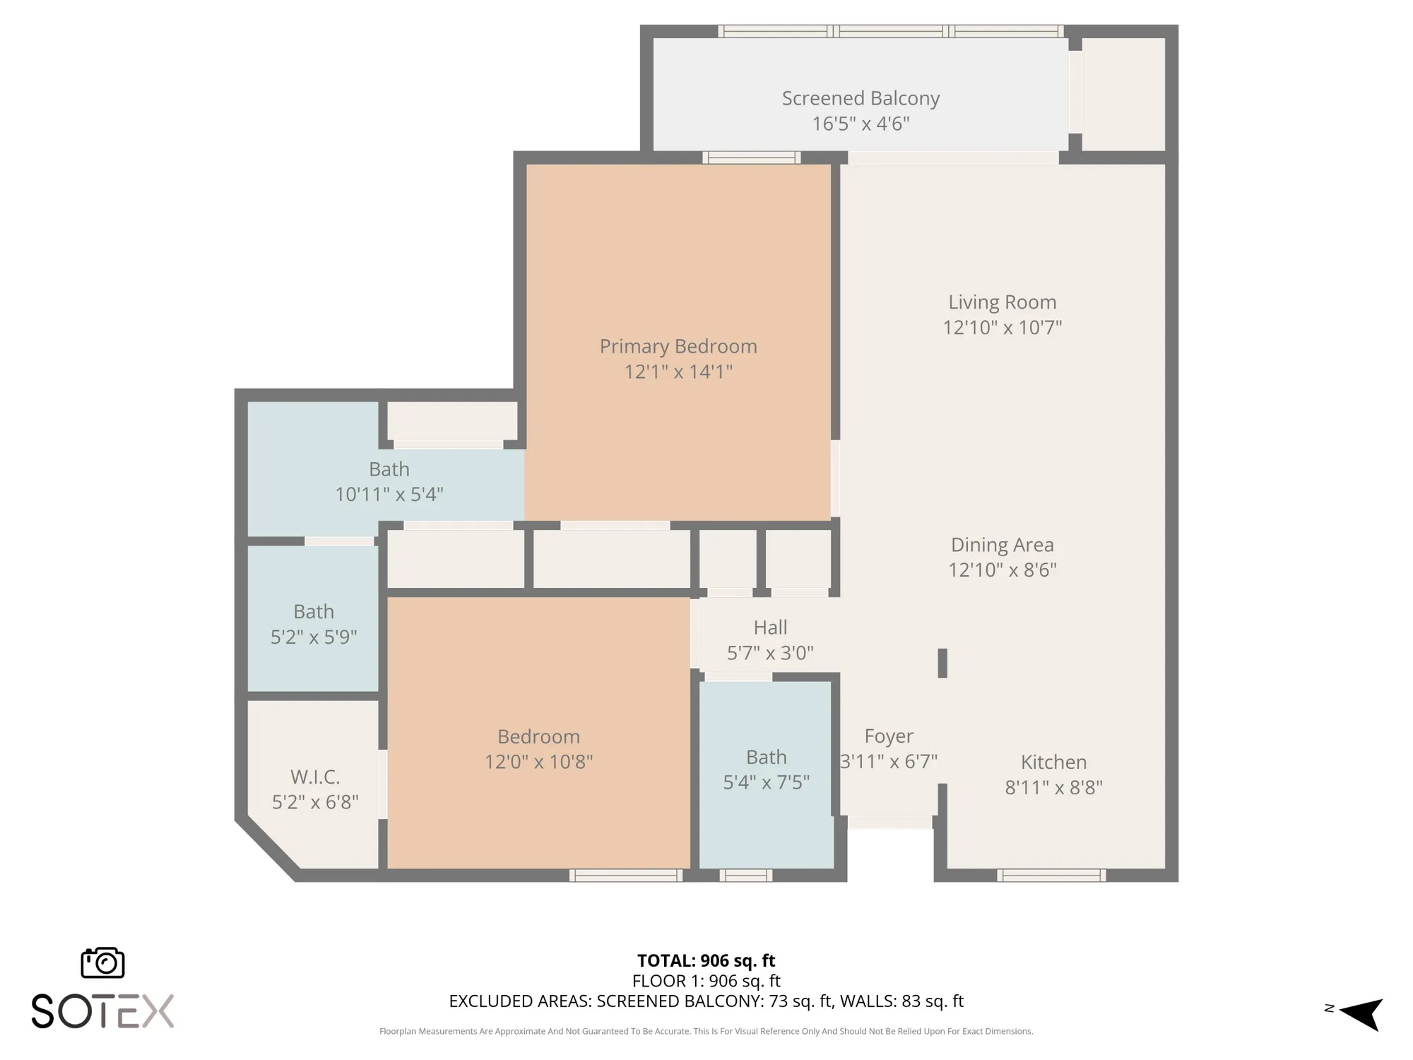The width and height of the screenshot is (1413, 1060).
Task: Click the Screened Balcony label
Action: pos(861,98)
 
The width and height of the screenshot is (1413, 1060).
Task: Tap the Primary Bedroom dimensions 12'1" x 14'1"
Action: pos(678,371)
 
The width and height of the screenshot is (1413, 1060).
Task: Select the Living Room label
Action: pos(1003,302)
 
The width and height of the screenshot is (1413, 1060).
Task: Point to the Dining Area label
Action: pos(1003,545)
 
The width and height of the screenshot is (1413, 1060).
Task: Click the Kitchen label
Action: pos(1053,762)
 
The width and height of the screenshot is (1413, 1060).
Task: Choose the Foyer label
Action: pos(889,737)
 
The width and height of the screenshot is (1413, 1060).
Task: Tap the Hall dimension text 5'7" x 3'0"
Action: pos(770,652)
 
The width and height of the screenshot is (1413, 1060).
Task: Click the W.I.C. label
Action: pos(315,777)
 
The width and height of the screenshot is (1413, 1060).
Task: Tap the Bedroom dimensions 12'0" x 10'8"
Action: pos(538,762)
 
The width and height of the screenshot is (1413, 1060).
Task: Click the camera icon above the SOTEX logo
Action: pos(103,963)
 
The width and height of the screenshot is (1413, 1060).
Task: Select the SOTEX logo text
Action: pos(103,1011)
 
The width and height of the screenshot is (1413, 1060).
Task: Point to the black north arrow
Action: pos(1361,1014)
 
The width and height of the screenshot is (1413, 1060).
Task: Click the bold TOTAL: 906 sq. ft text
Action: pos(706,960)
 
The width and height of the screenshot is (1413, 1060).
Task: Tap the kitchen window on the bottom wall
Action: pos(1051,876)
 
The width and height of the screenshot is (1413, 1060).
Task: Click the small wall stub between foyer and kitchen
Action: pos(942,663)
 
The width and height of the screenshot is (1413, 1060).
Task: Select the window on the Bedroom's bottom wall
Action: pos(626,876)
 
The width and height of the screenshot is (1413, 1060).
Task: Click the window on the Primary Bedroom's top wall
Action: pos(752,158)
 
